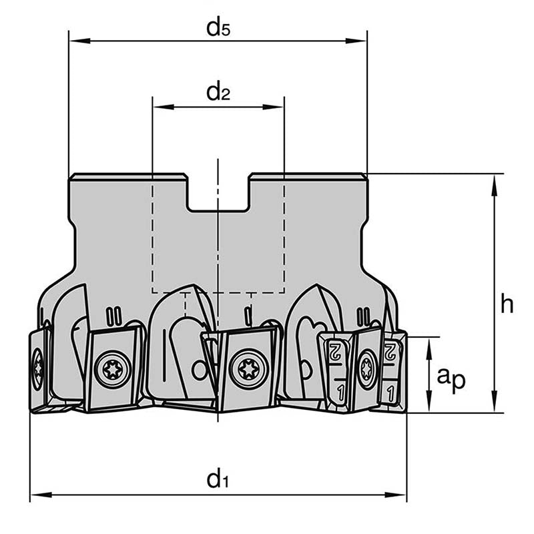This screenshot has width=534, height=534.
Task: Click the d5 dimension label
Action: click(x=218, y=28)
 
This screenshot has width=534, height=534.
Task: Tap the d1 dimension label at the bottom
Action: click(x=218, y=479)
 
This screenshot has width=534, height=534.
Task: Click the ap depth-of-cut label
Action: click(x=451, y=378)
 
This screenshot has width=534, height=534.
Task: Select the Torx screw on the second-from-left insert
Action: click(x=112, y=368)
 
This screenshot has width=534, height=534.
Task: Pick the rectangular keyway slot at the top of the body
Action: click(x=218, y=193)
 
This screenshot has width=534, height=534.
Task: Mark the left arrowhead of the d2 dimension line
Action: click(x=159, y=107)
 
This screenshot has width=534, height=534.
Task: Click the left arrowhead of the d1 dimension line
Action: click(x=36, y=495)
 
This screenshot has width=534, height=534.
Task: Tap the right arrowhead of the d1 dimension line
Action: click(x=400, y=495)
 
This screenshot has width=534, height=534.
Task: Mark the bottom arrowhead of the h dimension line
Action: click(x=494, y=406)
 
